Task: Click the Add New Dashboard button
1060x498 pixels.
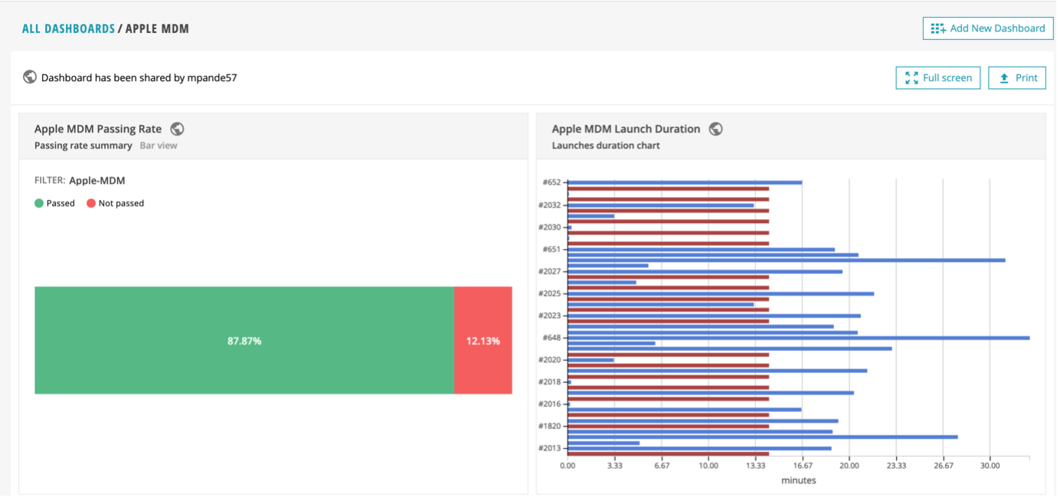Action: point(987,28)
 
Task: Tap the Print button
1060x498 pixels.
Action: point(1016,77)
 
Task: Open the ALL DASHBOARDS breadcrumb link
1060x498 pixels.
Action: point(68,29)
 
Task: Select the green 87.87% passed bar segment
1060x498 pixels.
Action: point(244,340)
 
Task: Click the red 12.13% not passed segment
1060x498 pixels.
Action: point(483,340)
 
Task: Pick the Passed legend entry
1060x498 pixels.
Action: point(55,203)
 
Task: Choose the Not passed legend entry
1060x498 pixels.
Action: point(115,203)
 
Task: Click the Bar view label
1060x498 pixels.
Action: point(159,146)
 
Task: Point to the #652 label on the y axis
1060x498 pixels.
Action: point(551,182)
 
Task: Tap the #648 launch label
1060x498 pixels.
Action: point(551,338)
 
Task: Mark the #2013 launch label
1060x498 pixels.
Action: point(550,448)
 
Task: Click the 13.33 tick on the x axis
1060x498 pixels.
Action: point(756,465)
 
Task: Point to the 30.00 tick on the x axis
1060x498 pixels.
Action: point(990,465)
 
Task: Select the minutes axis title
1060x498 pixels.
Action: point(798,480)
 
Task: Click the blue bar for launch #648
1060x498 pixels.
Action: point(797,338)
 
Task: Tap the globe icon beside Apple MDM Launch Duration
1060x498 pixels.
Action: point(716,129)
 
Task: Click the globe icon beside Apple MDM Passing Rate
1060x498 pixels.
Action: point(177,129)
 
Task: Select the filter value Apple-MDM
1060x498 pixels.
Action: point(97,181)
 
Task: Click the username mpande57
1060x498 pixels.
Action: point(212,77)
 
